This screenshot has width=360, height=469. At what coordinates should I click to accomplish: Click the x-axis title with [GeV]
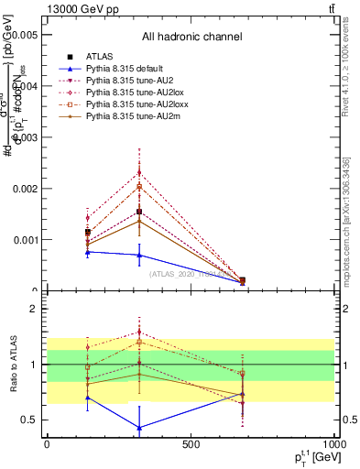click(x=308, y=457)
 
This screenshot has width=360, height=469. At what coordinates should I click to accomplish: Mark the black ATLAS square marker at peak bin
click(x=139, y=212)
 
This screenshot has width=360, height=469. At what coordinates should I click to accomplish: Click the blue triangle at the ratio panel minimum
click(x=139, y=428)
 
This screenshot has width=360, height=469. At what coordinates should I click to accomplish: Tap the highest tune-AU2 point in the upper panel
click(x=139, y=172)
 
